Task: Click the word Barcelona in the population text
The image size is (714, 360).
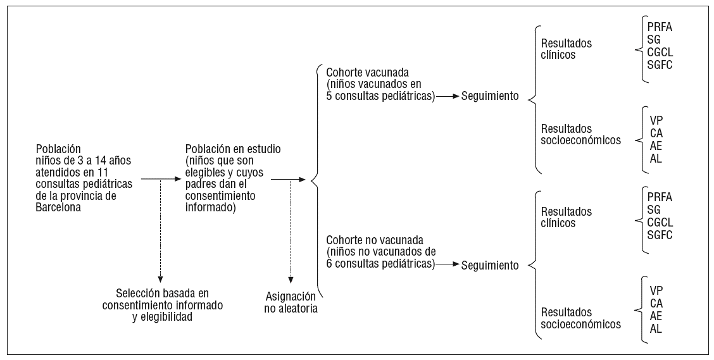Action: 59,206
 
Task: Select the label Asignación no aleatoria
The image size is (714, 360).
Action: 291,302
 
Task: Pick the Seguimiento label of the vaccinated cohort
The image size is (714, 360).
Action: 490,96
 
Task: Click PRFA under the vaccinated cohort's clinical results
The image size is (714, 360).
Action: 660,28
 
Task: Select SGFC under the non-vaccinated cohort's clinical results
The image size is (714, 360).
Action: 660,235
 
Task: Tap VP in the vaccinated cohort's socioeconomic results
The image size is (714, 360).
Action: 656,120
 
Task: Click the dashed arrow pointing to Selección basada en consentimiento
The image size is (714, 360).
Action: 161,231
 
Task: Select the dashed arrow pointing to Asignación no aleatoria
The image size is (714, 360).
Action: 291,231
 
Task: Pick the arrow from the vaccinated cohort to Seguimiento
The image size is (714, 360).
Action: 447,96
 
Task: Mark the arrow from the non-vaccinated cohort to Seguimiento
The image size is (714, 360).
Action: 447,264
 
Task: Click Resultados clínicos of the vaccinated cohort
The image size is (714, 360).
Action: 567,49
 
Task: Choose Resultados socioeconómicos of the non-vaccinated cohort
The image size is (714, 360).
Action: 580,318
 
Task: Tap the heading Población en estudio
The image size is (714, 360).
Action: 234,149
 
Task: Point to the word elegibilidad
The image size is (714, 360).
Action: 162,317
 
